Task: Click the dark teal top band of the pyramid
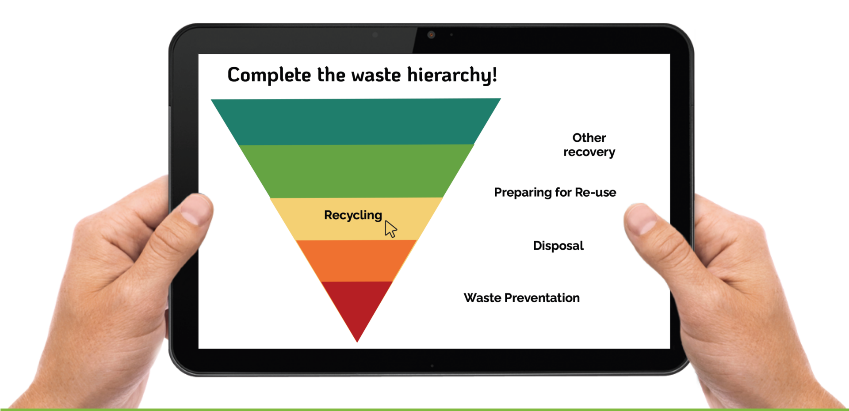pyautogui.click(x=356, y=122)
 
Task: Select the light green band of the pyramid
pyautogui.click(x=356, y=171)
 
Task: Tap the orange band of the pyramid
pyautogui.click(x=356, y=261)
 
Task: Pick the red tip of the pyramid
pyautogui.click(x=357, y=305)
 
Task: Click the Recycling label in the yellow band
pyautogui.click(x=353, y=215)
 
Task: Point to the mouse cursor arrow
pyautogui.click(x=390, y=229)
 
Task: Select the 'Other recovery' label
pyautogui.click(x=589, y=145)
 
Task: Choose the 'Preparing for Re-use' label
pyautogui.click(x=555, y=193)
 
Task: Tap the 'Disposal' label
pyautogui.click(x=558, y=246)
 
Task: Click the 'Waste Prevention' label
pyautogui.click(x=522, y=298)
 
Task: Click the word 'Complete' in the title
pyautogui.click(x=269, y=75)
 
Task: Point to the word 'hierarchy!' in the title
pyautogui.click(x=452, y=75)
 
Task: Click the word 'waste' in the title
pyautogui.click(x=376, y=75)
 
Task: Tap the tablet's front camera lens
pyautogui.click(x=431, y=34)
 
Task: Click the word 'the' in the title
pyautogui.click(x=331, y=75)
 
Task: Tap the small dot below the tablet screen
pyautogui.click(x=432, y=366)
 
